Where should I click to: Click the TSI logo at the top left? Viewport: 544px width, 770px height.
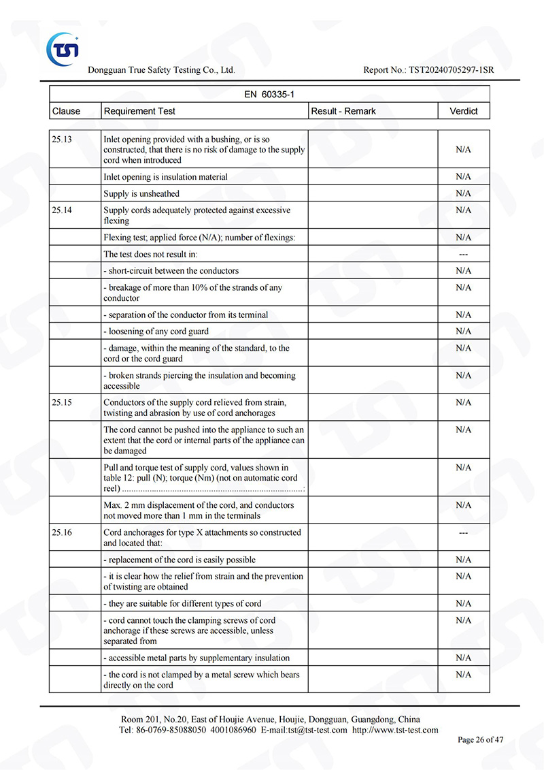pos(63,49)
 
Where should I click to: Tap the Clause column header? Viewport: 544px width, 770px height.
pos(66,111)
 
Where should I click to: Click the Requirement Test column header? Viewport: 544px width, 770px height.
pos(139,111)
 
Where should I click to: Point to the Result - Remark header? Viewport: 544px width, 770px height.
pos(343,111)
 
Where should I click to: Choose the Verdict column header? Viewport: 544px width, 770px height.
pos(463,111)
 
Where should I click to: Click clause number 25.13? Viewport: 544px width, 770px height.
pos(62,140)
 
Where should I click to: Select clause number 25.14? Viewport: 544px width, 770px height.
pos(62,210)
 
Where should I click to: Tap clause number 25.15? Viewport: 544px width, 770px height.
pos(62,402)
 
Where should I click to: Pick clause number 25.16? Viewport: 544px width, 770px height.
pos(62,532)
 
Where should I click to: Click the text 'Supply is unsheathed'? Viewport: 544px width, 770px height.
pos(141,193)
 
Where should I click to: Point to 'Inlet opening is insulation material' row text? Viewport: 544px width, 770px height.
pos(165,177)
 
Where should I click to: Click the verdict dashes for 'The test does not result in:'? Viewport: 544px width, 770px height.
pos(463,254)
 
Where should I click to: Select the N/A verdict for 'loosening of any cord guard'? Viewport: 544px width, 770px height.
pos(463,332)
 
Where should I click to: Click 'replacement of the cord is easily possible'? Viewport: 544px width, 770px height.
pos(180,560)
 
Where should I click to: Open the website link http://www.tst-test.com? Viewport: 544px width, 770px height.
pos(395,730)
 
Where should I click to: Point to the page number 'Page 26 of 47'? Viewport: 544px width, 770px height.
pos(480,740)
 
